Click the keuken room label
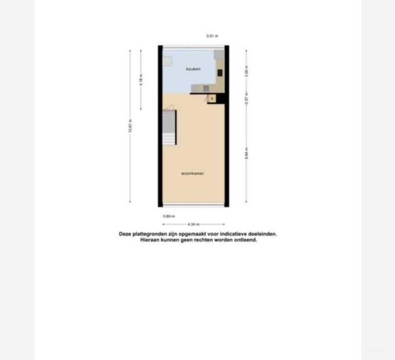tap(193, 68)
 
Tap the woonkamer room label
tap(192, 173)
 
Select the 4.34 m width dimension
tap(193, 224)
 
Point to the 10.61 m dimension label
tap(130, 126)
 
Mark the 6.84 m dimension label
tap(246, 153)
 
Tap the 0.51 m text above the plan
tap(212, 36)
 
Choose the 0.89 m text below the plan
tap(169, 216)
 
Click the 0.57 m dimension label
tap(246, 101)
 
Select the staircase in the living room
tap(169, 128)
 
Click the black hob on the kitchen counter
tap(220, 73)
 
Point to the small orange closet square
tap(211, 98)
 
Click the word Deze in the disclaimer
tap(125, 234)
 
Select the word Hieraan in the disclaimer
tap(150, 240)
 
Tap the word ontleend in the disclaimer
tap(245, 240)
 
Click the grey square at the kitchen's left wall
tap(167, 61)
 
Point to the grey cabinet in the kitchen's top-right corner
tap(219, 54)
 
